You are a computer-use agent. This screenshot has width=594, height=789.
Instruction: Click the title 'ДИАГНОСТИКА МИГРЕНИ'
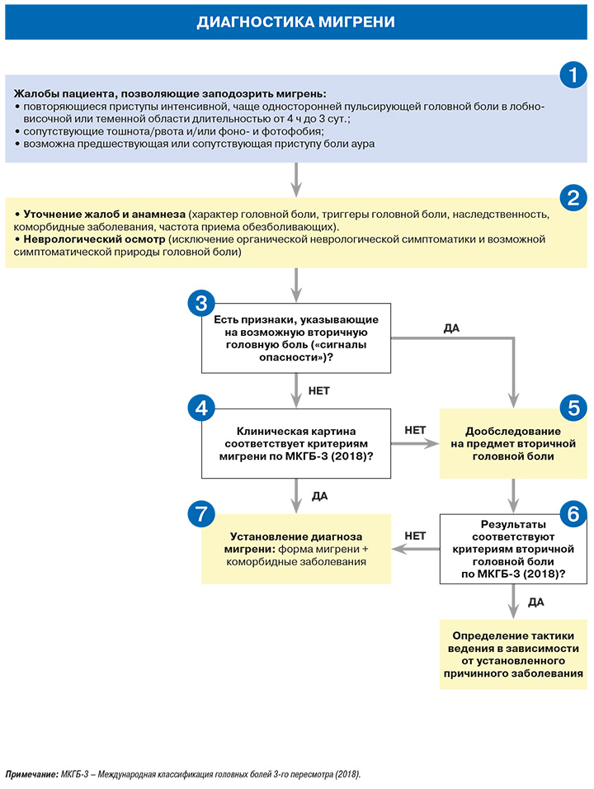[x=295, y=22]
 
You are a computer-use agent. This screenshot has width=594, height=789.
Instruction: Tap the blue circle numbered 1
[x=573, y=75]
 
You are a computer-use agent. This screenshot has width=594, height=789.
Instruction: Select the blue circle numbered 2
[x=573, y=198]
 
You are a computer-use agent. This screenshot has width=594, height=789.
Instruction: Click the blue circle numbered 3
[x=201, y=304]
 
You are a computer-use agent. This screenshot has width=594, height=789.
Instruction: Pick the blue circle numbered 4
[x=201, y=408]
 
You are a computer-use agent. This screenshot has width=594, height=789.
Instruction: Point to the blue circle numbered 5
[x=573, y=408]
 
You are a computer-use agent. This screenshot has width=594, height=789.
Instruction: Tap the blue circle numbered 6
[x=573, y=513]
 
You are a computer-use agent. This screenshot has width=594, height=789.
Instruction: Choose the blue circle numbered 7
[x=201, y=513]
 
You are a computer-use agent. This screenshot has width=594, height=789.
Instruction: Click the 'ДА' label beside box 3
[x=451, y=328]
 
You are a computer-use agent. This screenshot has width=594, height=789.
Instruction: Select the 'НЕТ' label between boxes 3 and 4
[x=319, y=391]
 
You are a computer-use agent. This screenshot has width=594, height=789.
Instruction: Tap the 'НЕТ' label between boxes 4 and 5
[x=415, y=430]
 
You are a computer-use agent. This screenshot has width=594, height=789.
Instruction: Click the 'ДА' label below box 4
[x=319, y=496]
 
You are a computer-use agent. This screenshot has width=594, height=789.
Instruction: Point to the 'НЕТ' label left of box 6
[x=415, y=536]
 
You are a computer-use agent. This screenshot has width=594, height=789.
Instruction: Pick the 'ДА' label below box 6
[x=535, y=602]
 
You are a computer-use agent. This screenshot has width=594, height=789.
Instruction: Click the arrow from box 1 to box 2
[x=296, y=180]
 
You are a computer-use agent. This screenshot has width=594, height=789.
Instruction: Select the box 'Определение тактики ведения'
[x=513, y=654]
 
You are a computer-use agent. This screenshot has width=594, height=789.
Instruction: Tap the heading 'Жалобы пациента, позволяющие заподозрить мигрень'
[x=170, y=93]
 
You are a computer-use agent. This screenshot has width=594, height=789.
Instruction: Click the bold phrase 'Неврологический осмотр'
[x=94, y=239]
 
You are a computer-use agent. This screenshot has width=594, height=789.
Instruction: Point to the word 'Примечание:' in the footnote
[x=31, y=774]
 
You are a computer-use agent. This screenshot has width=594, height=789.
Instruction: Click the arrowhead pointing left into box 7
[x=398, y=549]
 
